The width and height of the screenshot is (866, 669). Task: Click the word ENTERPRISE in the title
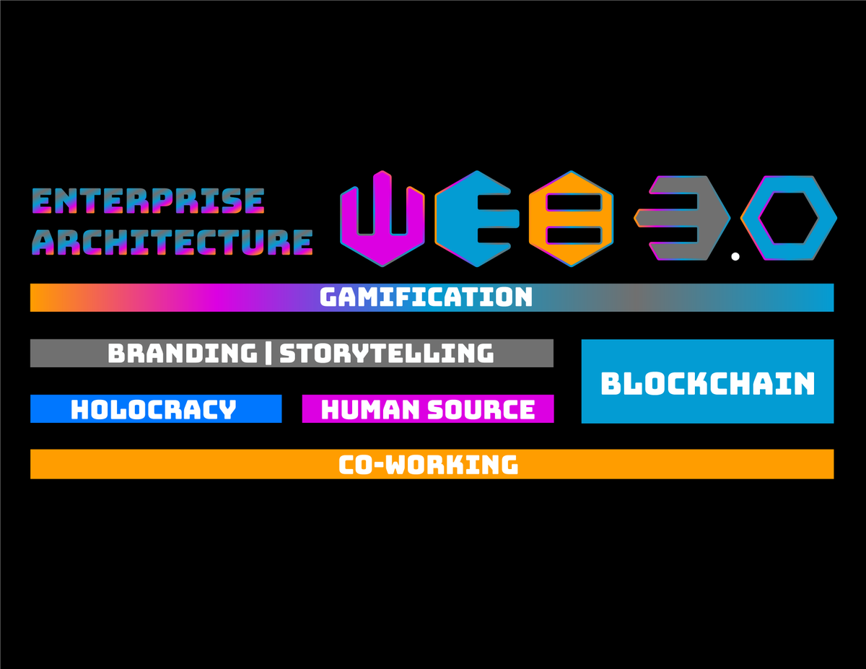pyautogui.click(x=148, y=201)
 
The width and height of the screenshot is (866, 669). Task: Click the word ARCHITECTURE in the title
pyautogui.click(x=172, y=242)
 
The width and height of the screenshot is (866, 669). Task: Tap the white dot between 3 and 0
pyautogui.click(x=735, y=257)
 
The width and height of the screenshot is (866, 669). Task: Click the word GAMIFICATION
pyautogui.click(x=426, y=297)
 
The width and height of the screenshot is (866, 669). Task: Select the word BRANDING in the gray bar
pyautogui.click(x=183, y=353)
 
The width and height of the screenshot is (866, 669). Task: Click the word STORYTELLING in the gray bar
pyautogui.click(x=387, y=353)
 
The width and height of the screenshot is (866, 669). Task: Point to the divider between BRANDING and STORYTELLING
pyautogui.click(x=268, y=353)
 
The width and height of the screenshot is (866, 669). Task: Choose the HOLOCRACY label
pyautogui.click(x=154, y=409)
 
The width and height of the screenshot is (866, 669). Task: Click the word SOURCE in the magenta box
pyautogui.click(x=481, y=410)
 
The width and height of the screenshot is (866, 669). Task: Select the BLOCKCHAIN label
pyautogui.click(x=707, y=383)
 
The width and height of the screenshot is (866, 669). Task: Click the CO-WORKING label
pyautogui.click(x=428, y=465)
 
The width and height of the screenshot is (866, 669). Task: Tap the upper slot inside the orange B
pyautogui.click(x=574, y=202)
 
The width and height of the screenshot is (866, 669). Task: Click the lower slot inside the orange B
pyautogui.click(x=574, y=235)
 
